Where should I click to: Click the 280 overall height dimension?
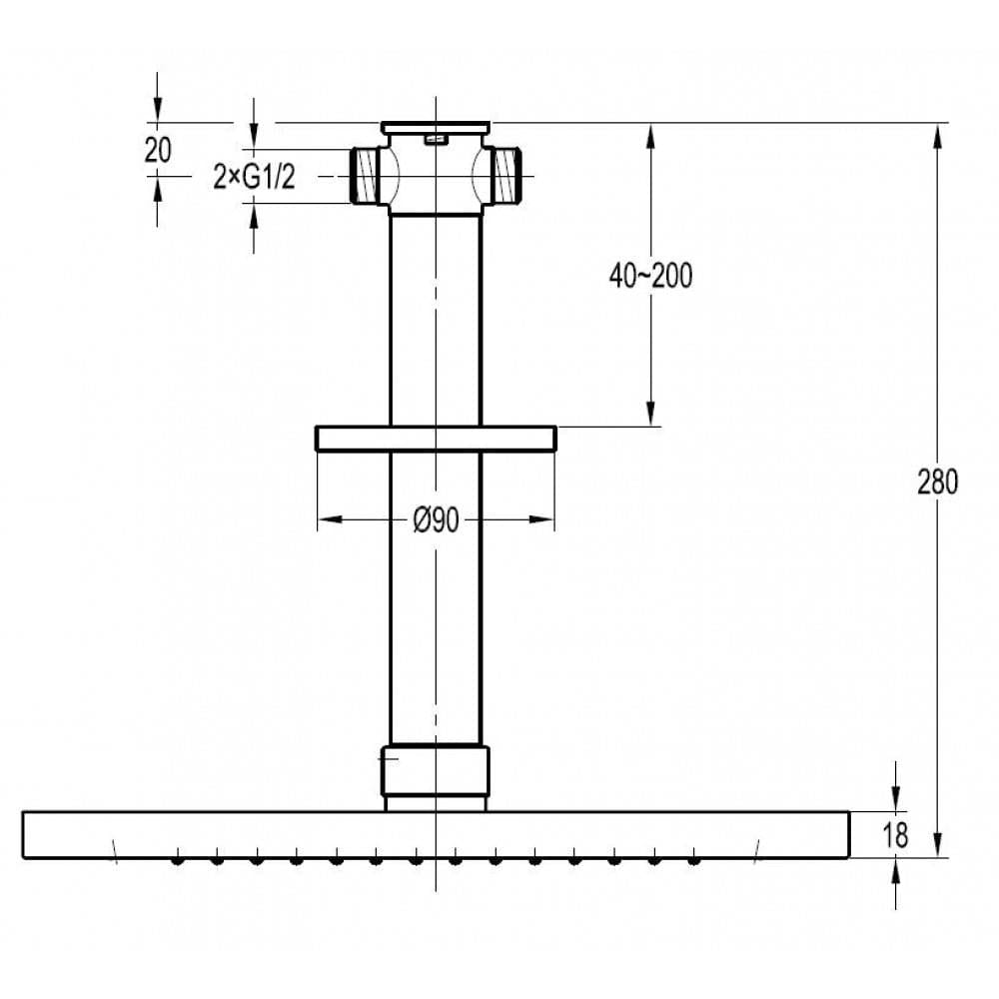coord(936,482)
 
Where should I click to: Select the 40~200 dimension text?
coord(650,276)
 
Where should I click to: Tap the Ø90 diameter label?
coord(437,519)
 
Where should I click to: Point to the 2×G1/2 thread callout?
coord(254,177)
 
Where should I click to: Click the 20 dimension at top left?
coord(158,150)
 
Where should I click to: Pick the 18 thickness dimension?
coord(896,836)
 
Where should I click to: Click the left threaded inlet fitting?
coord(366,176)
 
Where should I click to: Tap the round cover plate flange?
coord(436,439)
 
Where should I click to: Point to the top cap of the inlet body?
coord(436,128)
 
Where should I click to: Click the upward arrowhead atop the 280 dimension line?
coord(936,135)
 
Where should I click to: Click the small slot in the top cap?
coord(436,140)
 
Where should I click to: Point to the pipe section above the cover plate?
coord(436,320)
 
